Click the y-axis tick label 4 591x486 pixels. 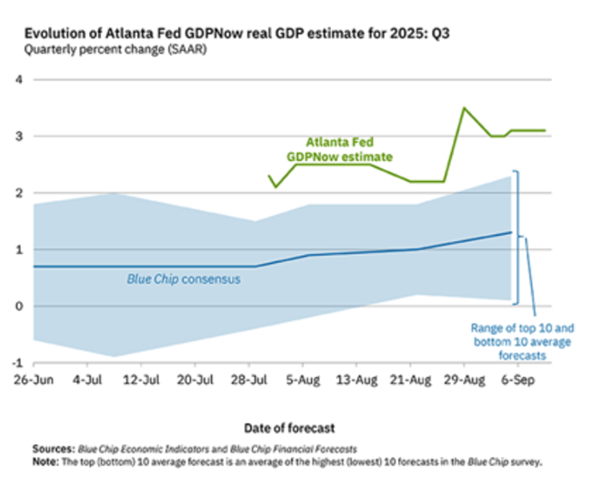tap(15, 80)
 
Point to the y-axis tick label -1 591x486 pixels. tap(14, 362)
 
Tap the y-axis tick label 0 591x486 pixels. tap(15, 306)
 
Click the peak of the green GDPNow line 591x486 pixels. tap(464, 108)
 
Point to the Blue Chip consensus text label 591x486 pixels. tap(184, 279)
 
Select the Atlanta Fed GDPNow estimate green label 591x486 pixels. tap(340, 150)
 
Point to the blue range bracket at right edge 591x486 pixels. tap(516, 237)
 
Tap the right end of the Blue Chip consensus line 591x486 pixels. tap(511, 232)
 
